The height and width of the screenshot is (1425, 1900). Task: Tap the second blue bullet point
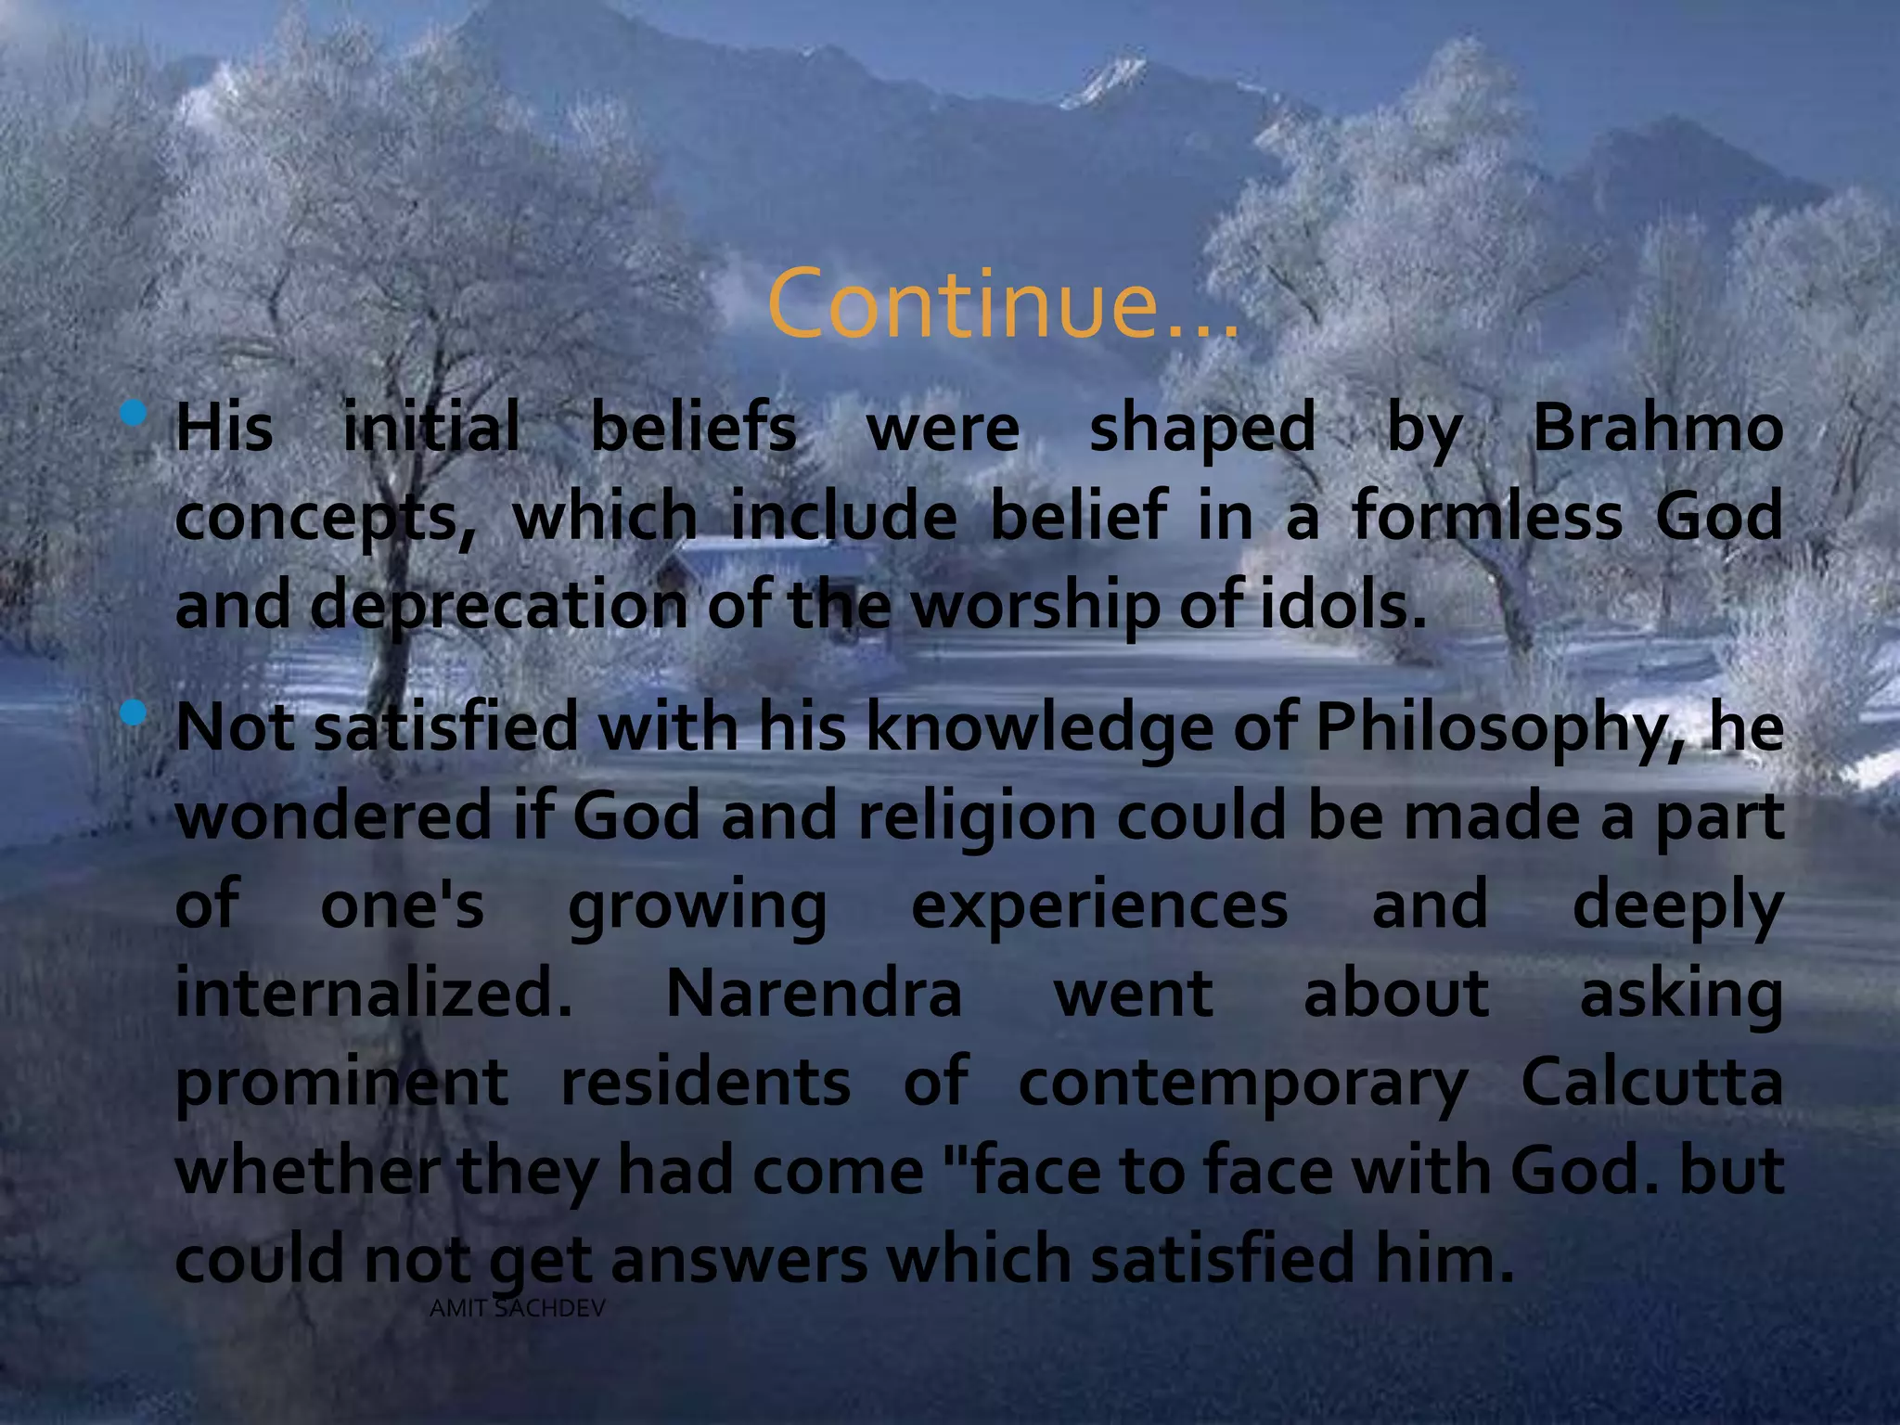pos(135,712)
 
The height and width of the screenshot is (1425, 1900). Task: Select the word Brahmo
pos(1657,429)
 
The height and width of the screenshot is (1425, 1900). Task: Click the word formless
pos(1487,516)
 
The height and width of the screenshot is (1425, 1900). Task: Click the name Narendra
pos(814,994)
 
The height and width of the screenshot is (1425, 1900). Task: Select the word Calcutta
pos(1651,1082)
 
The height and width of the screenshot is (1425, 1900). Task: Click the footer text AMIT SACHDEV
pos(518,1309)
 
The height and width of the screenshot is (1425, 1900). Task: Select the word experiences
pos(1099,906)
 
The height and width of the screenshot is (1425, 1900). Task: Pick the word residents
pos(705,1082)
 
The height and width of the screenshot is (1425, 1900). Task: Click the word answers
pos(738,1259)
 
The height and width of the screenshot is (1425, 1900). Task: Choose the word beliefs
pos(693,429)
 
